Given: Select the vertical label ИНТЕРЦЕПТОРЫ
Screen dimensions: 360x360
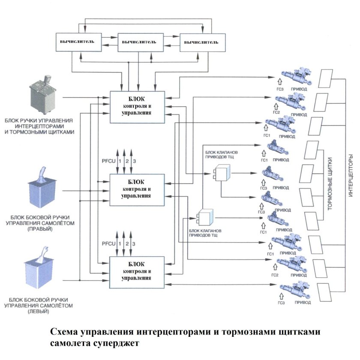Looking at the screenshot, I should pos(351,183).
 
